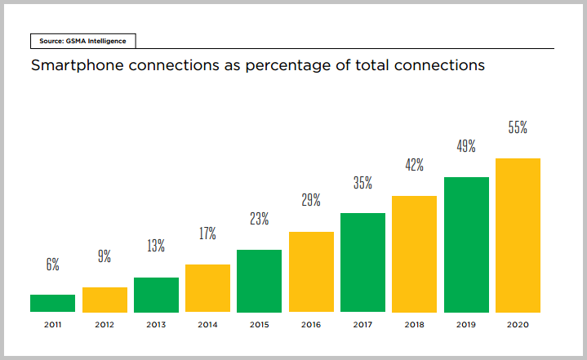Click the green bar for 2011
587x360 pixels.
[x=52, y=303]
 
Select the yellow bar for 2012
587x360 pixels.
[x=105, y=300]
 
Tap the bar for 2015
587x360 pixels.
[x=259, y=281]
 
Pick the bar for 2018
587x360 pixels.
[x=414, y=254]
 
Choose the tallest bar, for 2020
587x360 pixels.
[x=518, y=235]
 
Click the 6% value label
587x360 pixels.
[x=52, y=264]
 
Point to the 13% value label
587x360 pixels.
[x=156, y=246]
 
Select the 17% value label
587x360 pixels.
[x=207, y=233]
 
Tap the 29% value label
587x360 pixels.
[x=311, y=200]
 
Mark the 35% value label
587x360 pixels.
[x=362, y=183]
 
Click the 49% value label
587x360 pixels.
[x=466, y=147]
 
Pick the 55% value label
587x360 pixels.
[x=518, y=127]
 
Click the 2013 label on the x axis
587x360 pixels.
[x=156, y=324]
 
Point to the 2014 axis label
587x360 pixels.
[x=207, y=324]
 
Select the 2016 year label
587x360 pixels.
[x=311, y=324]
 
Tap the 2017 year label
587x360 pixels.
[x=362, y=324]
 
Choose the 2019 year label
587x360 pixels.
[x=466, y=324]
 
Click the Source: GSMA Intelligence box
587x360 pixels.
[x=82, y=40]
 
